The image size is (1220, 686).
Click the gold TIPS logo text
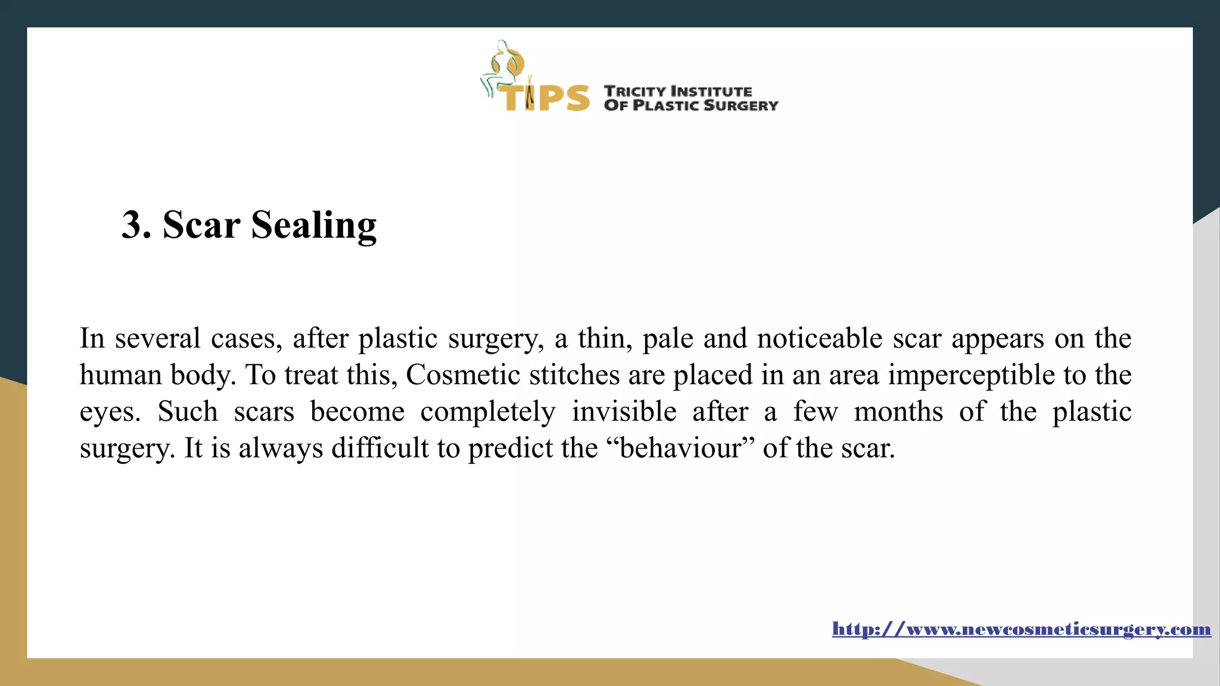(x=543, y=97)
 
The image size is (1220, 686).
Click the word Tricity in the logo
(x=635, y=91)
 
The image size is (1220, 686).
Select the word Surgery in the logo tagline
(x=740, y=105)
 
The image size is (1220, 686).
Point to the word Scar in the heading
(x=201, y=225)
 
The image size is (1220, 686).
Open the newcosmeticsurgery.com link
(x=1021, y=629)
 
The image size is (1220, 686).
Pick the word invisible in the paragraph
(x=624, y=411)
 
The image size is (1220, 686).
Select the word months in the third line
(x=898, y=411)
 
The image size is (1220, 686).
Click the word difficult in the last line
(x=379, y=448)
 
